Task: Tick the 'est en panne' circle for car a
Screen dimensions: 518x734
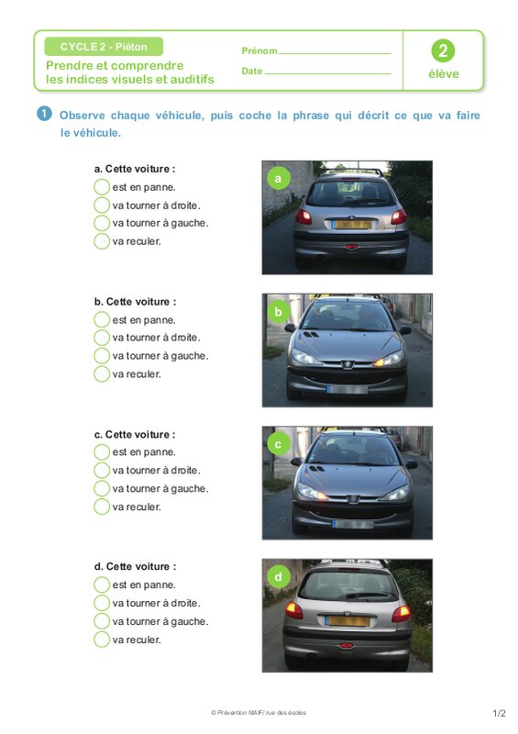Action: click(102, 187)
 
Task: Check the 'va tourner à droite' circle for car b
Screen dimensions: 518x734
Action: click(102, 338)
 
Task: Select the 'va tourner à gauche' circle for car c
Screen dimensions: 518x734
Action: click(102, 488)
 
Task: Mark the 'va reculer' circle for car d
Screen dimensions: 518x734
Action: click(102, 639)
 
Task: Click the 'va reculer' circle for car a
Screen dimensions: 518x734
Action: click(102, 241)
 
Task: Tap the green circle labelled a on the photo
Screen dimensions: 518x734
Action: click(278, 178)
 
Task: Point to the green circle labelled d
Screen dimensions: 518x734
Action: click(278, 577)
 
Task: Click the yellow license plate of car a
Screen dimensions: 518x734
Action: click(351, 224)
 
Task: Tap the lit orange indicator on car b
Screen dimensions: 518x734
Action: click(380, 361)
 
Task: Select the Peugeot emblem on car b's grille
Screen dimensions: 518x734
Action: click(347, 364)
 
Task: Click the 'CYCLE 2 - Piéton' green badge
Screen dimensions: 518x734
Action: click(104, 47)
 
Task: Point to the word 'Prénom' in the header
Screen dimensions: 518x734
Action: click(259, 50)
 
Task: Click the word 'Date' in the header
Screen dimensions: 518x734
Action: click(252, 72)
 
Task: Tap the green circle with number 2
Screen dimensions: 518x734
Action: click(443, 50)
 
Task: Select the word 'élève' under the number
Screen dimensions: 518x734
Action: click(444, 74)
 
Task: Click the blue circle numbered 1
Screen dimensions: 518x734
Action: click(44, 114)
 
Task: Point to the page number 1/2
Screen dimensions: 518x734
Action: click(499, 714)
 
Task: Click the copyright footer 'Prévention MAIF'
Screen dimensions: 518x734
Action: click(259, 713)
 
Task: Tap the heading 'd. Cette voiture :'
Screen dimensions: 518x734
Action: click(136, 566)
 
